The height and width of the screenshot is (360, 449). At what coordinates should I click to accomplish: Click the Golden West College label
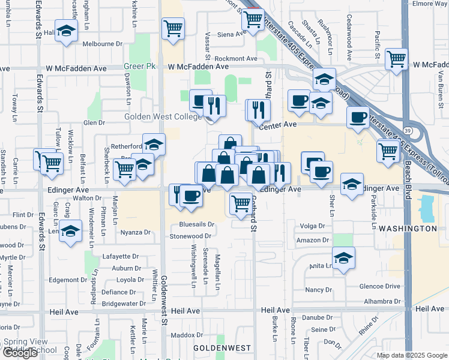(163, 116)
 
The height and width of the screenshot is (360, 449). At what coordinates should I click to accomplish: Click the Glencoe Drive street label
(379, 287)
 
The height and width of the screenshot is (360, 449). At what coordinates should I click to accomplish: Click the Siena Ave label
(232, 34)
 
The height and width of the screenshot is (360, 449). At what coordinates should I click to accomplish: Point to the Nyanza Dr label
(135, 232)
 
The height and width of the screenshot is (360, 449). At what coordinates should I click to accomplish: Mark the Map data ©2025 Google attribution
(412, 355)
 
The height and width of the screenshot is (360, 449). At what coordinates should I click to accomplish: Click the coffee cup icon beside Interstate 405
(358, 118)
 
